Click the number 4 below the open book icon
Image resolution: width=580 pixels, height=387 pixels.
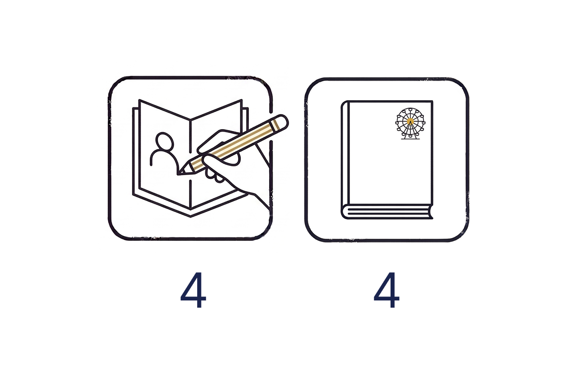click(x=193, y=290)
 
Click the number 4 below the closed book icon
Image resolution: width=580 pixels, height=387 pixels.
click(x=386, y=290)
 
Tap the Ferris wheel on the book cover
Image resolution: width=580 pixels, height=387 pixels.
click(x=410, y=124)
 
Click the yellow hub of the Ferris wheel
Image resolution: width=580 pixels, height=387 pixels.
click(x=410, y=121)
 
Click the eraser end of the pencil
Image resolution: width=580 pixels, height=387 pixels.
click(x=280, y=122)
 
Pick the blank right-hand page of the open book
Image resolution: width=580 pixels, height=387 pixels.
click(x=216, y=145)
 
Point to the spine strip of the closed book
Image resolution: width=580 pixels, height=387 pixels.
click(x=346, y=153)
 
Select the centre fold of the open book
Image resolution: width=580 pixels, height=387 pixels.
click(x=190, y=164)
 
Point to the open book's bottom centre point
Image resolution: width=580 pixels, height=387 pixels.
click(x=190, y=216)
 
